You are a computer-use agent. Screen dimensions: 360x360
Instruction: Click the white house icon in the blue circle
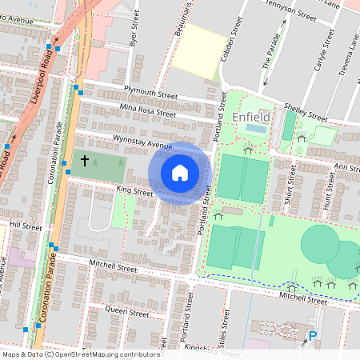coord(180,172)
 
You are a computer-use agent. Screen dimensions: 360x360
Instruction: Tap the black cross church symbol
coord(84,162)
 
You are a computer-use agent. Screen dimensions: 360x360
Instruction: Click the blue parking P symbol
coord(313,337)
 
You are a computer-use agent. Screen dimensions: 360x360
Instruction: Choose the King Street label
coord(134,192)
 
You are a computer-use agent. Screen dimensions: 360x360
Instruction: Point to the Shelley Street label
coord(310,112)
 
